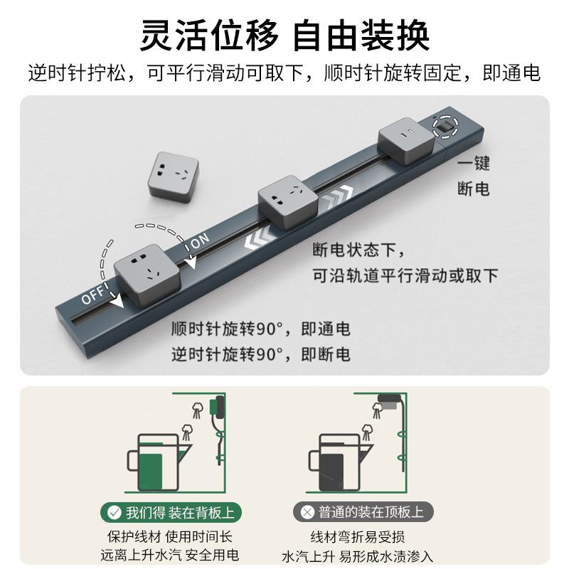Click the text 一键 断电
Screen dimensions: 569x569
click(x=473, y=176)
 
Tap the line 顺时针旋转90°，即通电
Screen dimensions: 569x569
click(x=260, y=329)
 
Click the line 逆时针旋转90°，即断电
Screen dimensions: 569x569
click(x=260, y=354)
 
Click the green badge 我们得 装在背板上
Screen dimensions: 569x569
click(x=171, y=512)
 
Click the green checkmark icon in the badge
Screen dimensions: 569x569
click(x=114, y=512)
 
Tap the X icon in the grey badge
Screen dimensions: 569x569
click(x=307, y=512)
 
